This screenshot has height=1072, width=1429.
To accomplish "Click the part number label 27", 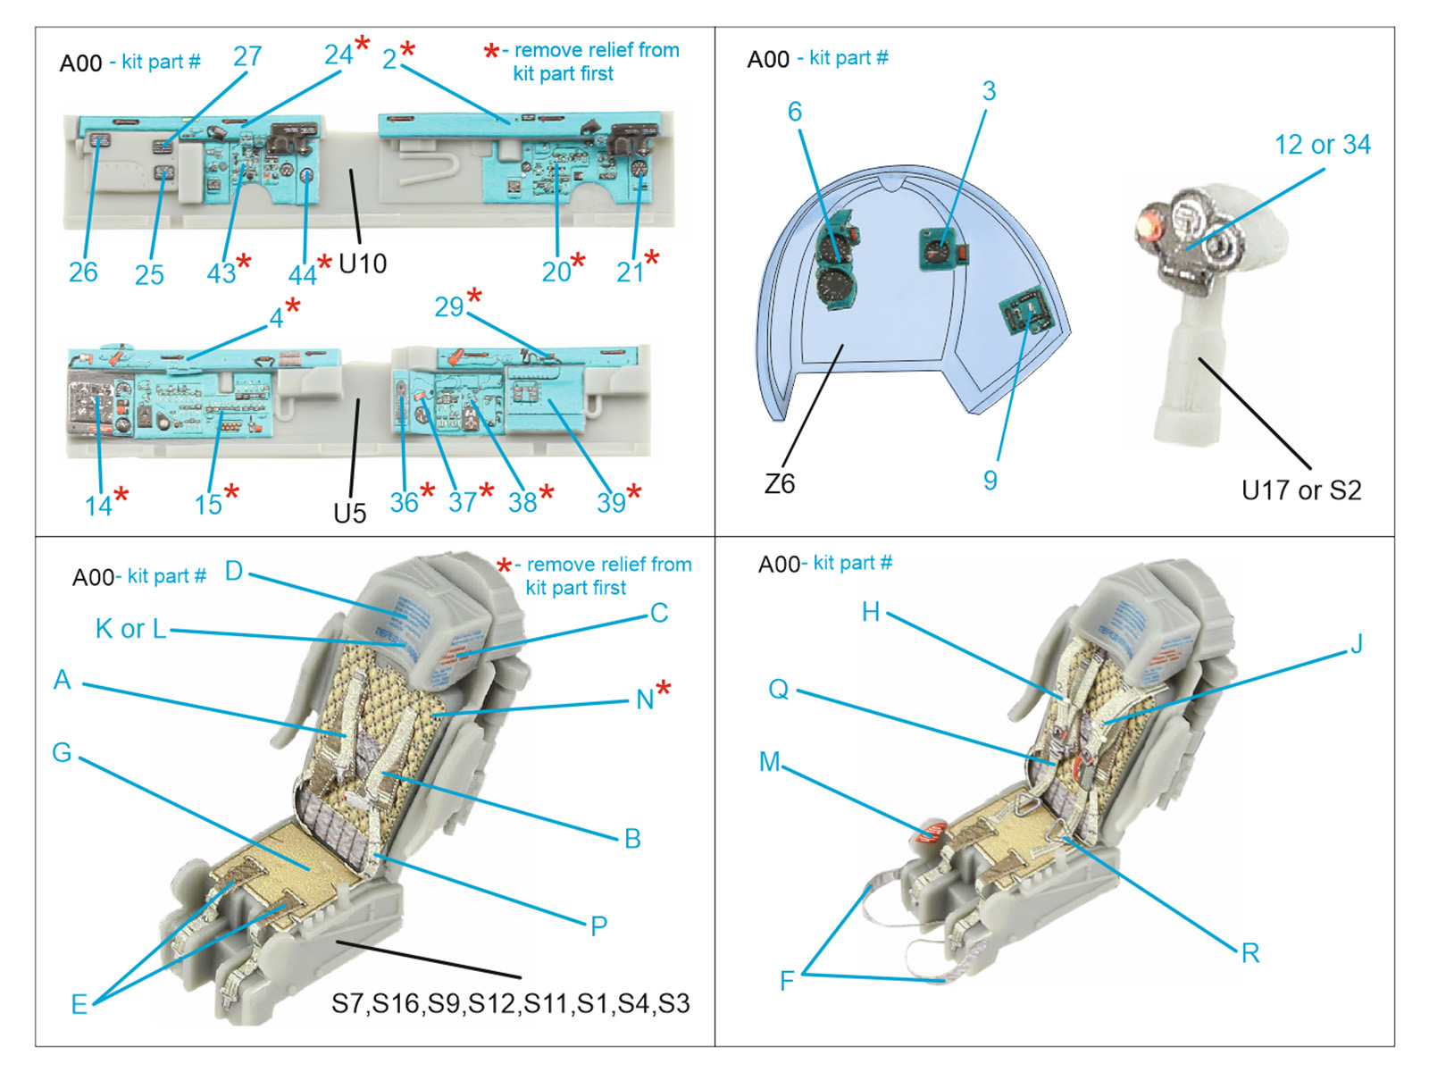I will click(x=247, y=57).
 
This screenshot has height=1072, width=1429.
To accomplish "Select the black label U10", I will click(x=363, y=264).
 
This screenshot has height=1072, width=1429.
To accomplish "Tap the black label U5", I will click(x=349, y=513).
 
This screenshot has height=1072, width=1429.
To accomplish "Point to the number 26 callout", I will click(x=83, y=272).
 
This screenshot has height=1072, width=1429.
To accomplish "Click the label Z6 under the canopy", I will click(x=779, y=483).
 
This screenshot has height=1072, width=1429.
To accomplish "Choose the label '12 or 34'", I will click(x=1322, y=145).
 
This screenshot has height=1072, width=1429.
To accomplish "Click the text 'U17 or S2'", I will click(x=1301, y=490).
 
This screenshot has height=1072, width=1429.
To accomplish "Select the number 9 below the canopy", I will click(x=990, y=481).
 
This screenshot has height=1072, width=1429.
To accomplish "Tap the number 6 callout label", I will click(x=794, y=112).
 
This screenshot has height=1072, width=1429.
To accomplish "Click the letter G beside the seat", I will click(x=62, y=752).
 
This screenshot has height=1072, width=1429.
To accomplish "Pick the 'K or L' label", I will click(x=130, y=629).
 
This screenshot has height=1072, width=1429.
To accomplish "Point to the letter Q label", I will click(x=778, y=689).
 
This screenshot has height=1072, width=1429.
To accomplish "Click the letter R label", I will click(x=1250, y=953).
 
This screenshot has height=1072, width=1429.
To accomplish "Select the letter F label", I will click(x=787, y=981).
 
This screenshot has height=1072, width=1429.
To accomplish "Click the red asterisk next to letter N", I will click(x=664, y=688).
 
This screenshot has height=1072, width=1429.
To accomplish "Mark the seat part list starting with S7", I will click(x=510, y=1003).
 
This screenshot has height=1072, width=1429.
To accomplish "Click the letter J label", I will click(x=1356, y=644).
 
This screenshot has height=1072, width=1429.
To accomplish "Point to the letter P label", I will click(x=598, y=926).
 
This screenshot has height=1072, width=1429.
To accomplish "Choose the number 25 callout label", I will click(x=149, y=274).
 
